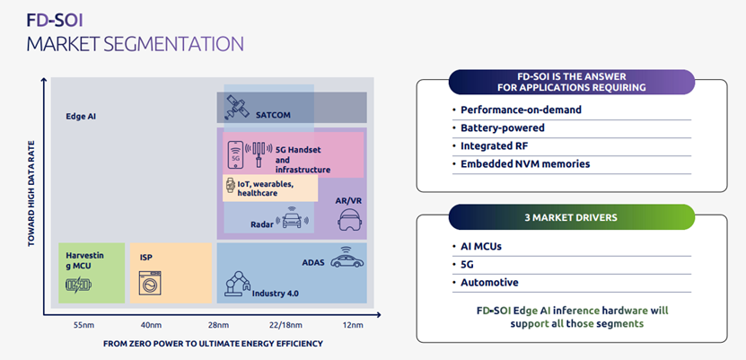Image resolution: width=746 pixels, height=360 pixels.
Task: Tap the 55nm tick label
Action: (x=83, y=325)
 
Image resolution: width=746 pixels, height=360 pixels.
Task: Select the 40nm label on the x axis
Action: (x=151, y=325)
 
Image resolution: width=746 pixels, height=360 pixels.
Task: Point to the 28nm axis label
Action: (x=218, y=325)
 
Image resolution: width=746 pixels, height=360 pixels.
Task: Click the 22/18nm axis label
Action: (x=285, y=325)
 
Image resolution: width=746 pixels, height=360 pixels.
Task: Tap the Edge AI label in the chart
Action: (x=82, y=117)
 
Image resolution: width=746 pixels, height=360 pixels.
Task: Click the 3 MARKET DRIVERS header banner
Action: (x=571, y=217)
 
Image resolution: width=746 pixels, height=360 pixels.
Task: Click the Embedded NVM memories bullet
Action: (x=525, y=163)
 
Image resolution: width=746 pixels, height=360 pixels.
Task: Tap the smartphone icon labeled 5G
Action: (x=236, y=154)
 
